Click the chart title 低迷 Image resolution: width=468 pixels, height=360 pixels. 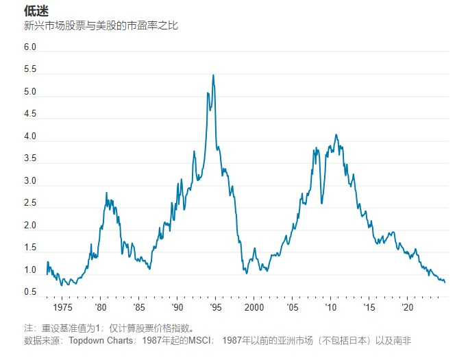[36, 12]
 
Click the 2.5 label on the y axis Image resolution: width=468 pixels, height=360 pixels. [30, 204]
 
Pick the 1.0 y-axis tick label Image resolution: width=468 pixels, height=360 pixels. [30, 270]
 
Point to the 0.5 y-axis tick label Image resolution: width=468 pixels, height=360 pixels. [30, 293]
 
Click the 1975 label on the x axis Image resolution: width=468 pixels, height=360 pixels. [62, 307]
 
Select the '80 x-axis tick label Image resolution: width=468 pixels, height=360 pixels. [101, 307]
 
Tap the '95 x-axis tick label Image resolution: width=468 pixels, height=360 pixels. [216, 307]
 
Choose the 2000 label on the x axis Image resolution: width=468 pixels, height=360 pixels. [254, 307]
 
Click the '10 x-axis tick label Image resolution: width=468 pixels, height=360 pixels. [331, 307]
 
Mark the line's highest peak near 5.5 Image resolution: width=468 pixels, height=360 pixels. [213, 75]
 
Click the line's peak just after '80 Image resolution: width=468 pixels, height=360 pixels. [106, 193]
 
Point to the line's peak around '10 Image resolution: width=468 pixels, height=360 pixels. [336, 134]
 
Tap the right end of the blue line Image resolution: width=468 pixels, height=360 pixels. [445, 282]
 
